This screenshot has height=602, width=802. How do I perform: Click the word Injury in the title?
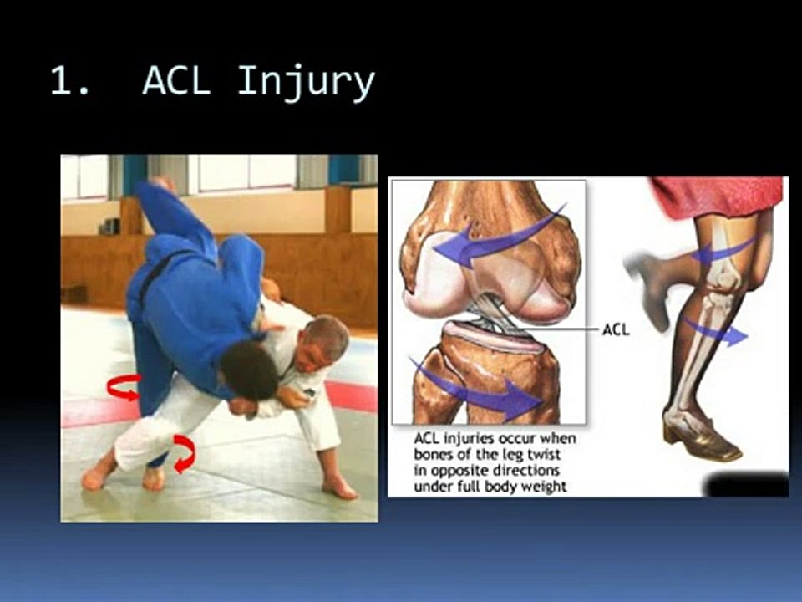pos(305,82)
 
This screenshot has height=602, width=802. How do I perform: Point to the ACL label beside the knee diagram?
pos(617,329)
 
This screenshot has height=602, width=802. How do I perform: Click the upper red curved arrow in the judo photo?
pos(124,388)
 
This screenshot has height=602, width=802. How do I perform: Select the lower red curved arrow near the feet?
pos(184,453)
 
